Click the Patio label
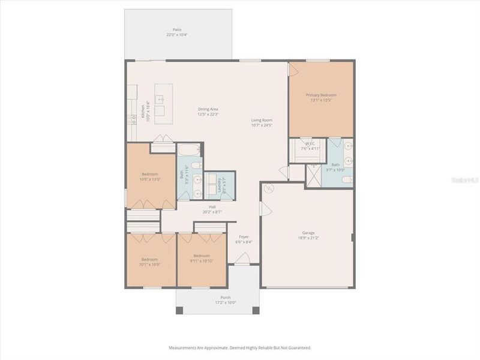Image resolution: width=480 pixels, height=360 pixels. (x=177, y=29)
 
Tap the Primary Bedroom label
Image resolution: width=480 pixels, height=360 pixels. (x=321, y=95)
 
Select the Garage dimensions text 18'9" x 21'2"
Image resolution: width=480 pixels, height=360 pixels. (x=308, y=238)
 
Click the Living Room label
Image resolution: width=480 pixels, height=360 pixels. (x=262, y=120)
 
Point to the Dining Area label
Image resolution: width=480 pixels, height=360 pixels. (x=208, y=109)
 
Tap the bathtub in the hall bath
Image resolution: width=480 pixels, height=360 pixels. (x=190, y=150)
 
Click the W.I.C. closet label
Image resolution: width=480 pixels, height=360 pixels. (x=310, y=143)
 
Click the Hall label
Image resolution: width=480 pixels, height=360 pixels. (x=213, y=206)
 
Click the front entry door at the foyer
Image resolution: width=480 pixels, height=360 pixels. (x=242, y=258)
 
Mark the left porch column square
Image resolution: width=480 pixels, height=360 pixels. (x=179, y=310)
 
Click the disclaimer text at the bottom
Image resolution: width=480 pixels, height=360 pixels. (x=240, y=347)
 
